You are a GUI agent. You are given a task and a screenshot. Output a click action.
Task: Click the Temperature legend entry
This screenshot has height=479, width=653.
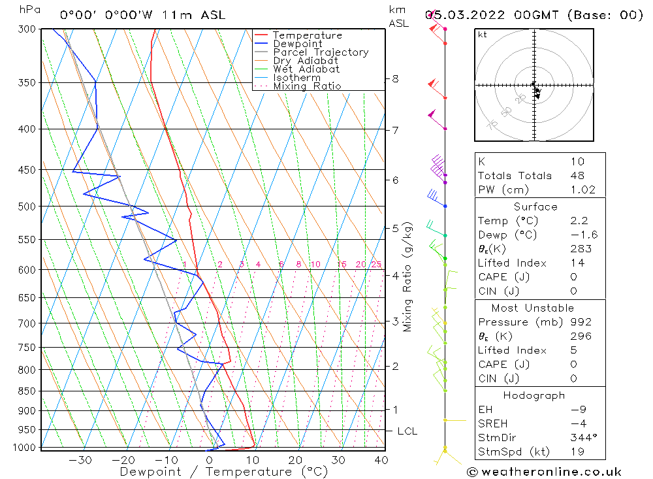pos(307,35)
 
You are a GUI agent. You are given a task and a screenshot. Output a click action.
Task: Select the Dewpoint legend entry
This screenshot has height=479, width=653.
pos(297,44)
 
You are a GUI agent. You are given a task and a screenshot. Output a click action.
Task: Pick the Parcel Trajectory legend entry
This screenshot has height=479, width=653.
pos(321,52)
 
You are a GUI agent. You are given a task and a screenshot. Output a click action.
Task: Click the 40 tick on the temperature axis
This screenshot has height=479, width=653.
pos(381,460)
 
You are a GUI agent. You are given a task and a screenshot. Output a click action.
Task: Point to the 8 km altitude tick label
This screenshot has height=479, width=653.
pos(395,79)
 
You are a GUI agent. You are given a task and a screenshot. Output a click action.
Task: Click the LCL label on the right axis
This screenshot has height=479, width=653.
pos(407,431)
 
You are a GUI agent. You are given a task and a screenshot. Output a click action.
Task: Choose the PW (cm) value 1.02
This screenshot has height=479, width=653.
pos(582,190)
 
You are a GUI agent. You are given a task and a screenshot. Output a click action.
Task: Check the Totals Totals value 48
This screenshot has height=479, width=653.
pos(577,176)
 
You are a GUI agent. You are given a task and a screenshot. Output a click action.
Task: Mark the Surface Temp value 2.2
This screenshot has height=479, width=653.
pos(578,221)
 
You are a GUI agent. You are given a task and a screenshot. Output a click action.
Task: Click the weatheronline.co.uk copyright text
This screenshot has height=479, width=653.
pos(545,472)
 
